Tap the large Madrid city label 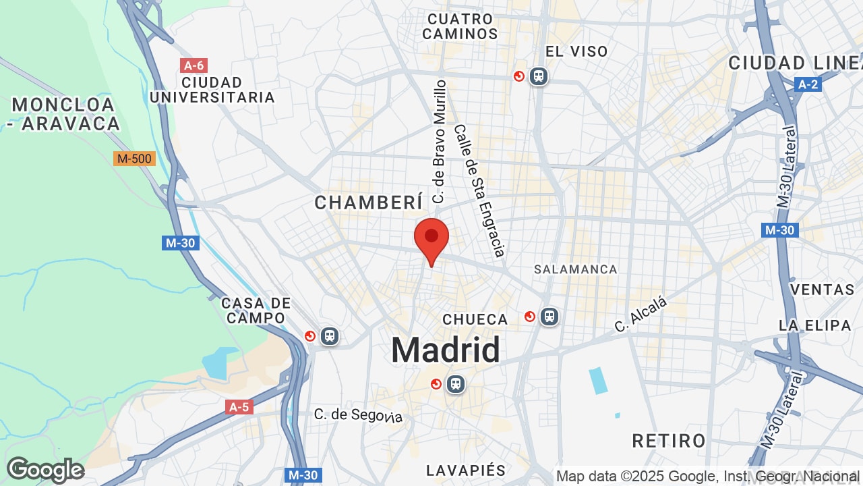click(446, 350)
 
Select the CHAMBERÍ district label click(369, 202)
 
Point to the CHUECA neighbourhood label click(475, 319)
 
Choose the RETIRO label click(669, 441)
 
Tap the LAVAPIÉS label click(466, 470)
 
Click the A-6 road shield click(194, 65)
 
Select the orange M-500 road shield click(135, 159)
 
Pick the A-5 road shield click(239, 407)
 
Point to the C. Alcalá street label click(641, 315)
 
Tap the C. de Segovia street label click(358, 414)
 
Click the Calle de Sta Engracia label click(479, 190)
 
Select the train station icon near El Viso click(538, 76)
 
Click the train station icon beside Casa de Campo click(329, 335)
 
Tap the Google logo click(45, 470)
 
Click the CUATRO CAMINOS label click(460, 26)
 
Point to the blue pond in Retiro click(598, 381)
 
